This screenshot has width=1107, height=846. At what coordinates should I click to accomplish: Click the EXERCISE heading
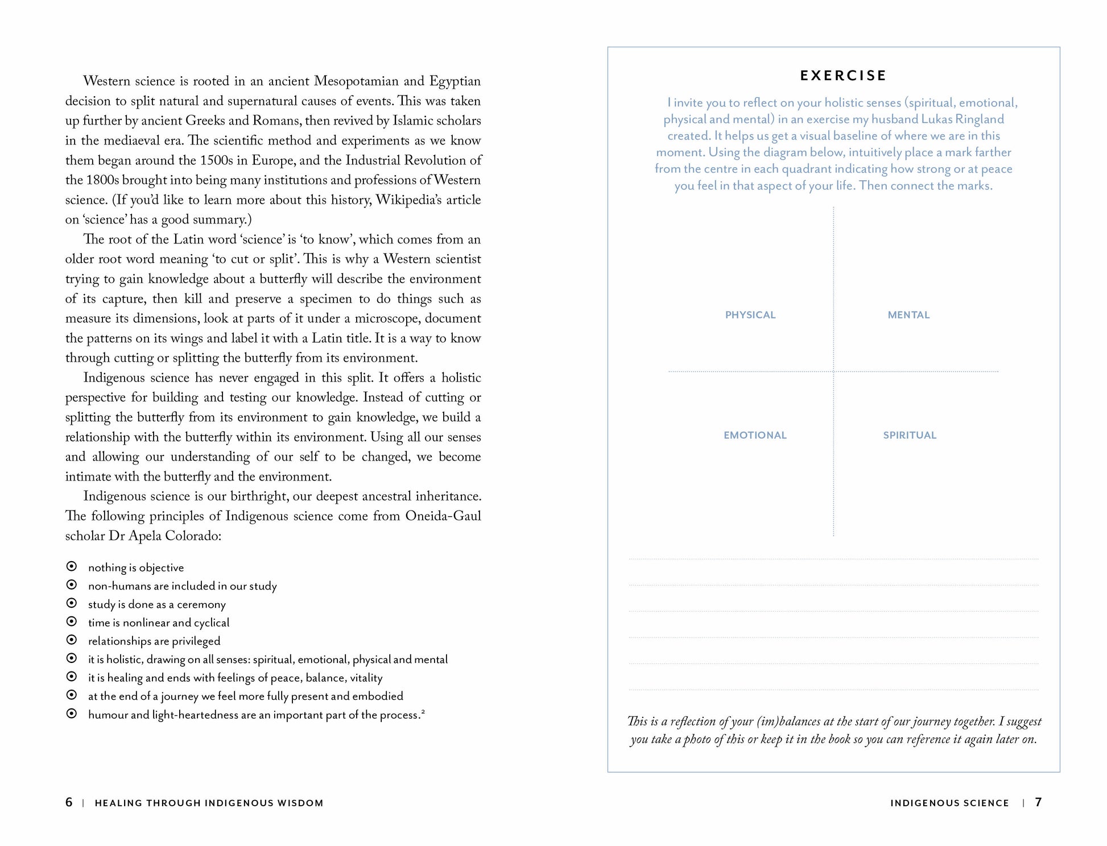click(843, 76)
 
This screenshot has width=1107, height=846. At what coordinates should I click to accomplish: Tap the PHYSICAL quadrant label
click(750, 315)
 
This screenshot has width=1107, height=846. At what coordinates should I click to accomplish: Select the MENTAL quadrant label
click(908, 315)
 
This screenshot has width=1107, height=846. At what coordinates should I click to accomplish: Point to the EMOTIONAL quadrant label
click(754, 436)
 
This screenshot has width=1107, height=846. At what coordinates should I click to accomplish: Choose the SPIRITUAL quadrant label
click(909, 436)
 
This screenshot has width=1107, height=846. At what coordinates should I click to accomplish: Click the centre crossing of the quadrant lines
click(833, 371)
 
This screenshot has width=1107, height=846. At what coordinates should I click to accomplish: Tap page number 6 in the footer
click(69, 802)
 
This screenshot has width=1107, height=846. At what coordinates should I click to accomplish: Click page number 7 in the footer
click(1038, 802)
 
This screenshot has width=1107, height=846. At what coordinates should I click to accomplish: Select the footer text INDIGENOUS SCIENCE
click(949, 803)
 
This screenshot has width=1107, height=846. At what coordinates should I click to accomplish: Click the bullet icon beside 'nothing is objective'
click(72, 566)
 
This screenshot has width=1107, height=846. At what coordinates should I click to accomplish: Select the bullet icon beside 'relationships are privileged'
click(72, 640)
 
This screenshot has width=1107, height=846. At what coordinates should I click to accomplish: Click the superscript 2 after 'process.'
click(423, 711)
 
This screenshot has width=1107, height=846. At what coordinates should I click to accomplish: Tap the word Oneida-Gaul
click(443, 516)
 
